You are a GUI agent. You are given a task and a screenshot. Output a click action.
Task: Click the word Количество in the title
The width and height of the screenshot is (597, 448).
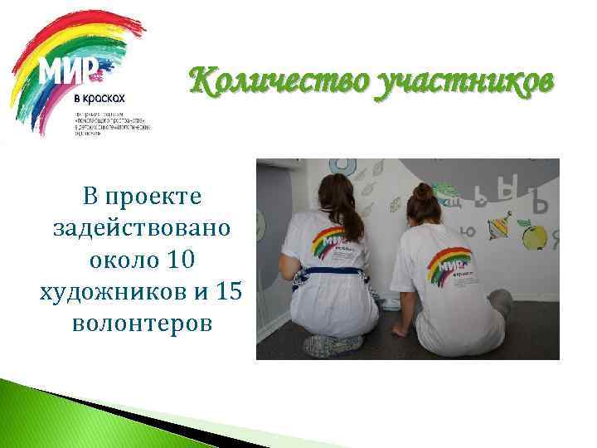279,84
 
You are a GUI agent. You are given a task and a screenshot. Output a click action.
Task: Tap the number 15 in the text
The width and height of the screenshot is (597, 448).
221,291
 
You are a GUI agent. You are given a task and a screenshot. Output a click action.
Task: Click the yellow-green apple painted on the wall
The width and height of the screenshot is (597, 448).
536,237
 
